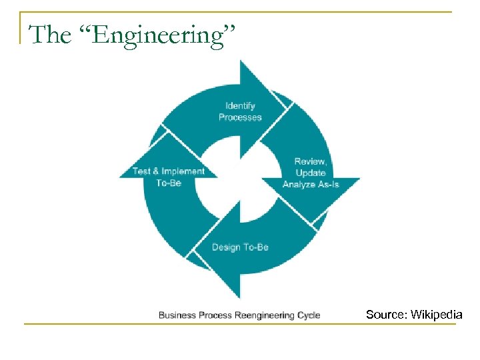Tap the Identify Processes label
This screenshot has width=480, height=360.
(240, 111)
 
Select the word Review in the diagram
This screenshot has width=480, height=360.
(310, 161)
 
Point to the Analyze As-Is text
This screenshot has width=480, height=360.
(311, 184)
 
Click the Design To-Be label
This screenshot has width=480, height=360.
(240, 247)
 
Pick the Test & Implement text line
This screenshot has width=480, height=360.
(169, 171)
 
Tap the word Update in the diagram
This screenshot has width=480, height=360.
(311, 173)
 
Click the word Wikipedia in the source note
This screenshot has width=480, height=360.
(437, 314)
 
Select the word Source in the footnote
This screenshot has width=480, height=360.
(386, 314)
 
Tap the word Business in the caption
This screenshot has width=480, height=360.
(177, 315)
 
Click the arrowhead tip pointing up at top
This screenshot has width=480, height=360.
(241, 61)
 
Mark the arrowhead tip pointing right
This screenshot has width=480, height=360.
(359, 179)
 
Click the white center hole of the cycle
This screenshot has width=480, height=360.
(240, 179)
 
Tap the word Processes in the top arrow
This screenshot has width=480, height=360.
(240, 117)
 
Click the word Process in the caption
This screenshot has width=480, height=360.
(215, 315)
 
